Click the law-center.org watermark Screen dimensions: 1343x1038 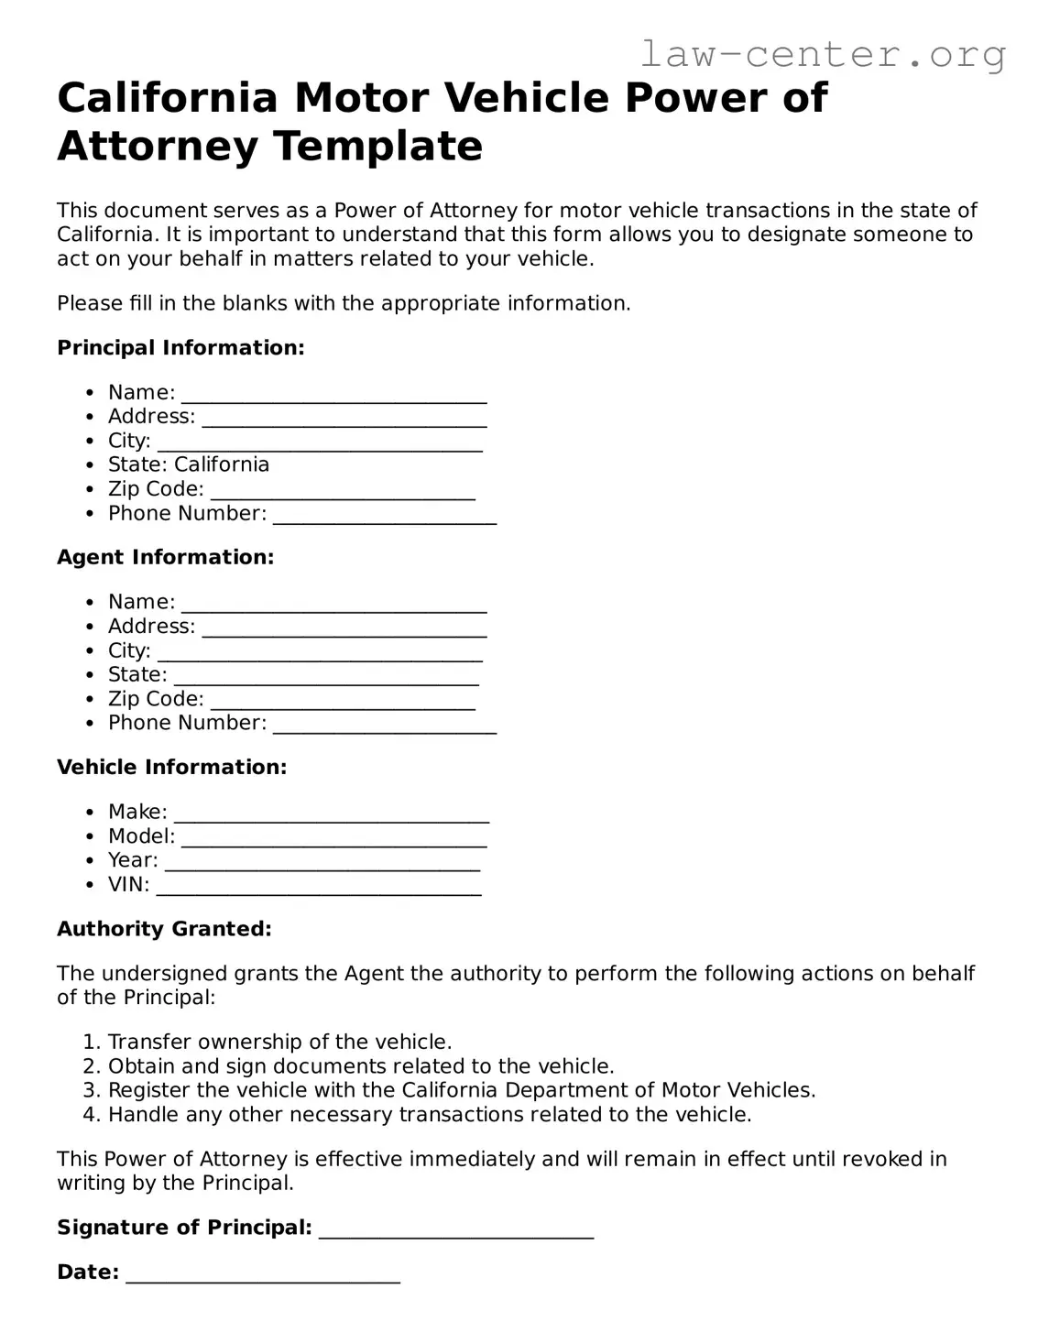coord(822,55)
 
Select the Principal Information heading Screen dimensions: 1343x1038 coord(180,348)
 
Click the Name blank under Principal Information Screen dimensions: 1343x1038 coord(333,394)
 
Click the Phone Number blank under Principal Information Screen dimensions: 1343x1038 coord(385,515)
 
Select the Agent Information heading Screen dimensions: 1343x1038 coord(165,557)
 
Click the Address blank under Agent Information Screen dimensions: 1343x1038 coord(344,628)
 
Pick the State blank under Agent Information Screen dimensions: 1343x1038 coord(326,676)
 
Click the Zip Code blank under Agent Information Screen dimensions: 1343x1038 coord(343,701)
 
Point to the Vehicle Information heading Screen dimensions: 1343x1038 coord(171,767)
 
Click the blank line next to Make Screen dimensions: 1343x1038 coord(332,813)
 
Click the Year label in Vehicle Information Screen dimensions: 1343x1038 coord(133,860)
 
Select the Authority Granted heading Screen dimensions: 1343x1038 coord(164,929)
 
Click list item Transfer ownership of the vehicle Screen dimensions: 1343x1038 coord(279,1042)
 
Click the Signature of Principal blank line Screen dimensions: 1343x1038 coord(456,1229)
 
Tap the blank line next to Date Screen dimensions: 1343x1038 coord(263,1274)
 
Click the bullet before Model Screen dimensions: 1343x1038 coord(90,836)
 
